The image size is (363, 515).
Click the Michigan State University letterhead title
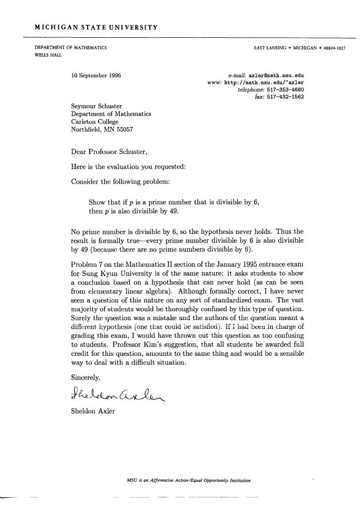pyautogui.click(x=96, y=27)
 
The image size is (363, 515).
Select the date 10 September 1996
pyautogui.click(x=96, y=75)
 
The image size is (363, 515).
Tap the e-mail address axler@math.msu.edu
pyautogui.click(x=276, y=75)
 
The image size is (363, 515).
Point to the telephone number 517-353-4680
pyautogui.click(x=285, y=89)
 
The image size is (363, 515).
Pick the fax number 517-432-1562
pyautogui.click(x=285, y=96)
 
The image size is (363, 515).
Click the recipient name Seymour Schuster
pyautogui.click(x=96, y=107)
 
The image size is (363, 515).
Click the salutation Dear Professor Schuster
pyautogui.click(x=109, y=152)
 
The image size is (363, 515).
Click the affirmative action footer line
pyautogui.click(x=188, y=480)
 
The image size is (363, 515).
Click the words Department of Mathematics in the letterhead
pyautogui.click(x=71, y=48)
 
